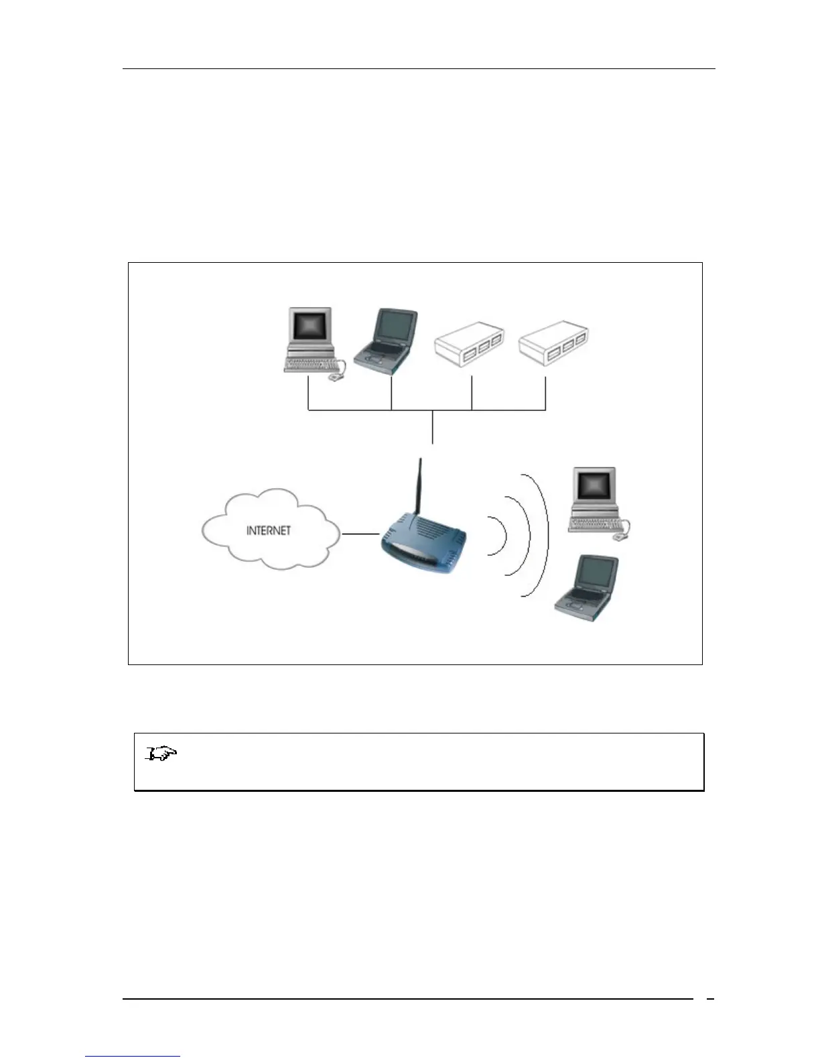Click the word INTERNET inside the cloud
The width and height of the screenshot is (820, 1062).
[269, 530]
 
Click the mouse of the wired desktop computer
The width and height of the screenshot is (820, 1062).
[334, 378]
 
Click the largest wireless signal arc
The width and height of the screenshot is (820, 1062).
[540, 536]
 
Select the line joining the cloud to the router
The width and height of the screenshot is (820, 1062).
[360, 534]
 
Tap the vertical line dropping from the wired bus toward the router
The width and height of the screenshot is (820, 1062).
[433, 426]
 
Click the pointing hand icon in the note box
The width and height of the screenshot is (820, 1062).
[161, 755]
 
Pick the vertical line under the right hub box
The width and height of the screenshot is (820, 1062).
[545, 394]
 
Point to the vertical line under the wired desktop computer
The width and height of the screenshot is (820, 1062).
[307, 394]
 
